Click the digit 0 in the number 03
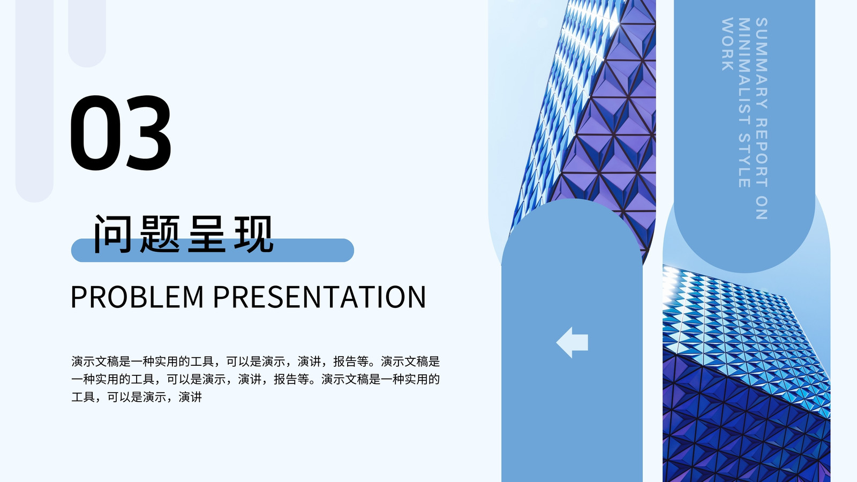click(94, 132)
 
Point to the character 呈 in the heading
click(207, 234)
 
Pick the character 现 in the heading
click(254, 234)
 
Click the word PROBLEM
click(137, 297)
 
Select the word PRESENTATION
click(319, 297)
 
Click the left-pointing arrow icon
click(572, 342)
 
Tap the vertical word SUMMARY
click(762, 63)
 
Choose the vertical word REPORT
click(762, 153)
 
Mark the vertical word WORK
click(727, 44)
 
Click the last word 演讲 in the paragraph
click(190, 397)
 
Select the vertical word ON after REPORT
click(762, 208)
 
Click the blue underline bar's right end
click(354, 250)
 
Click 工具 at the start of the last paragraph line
click(83, 397)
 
